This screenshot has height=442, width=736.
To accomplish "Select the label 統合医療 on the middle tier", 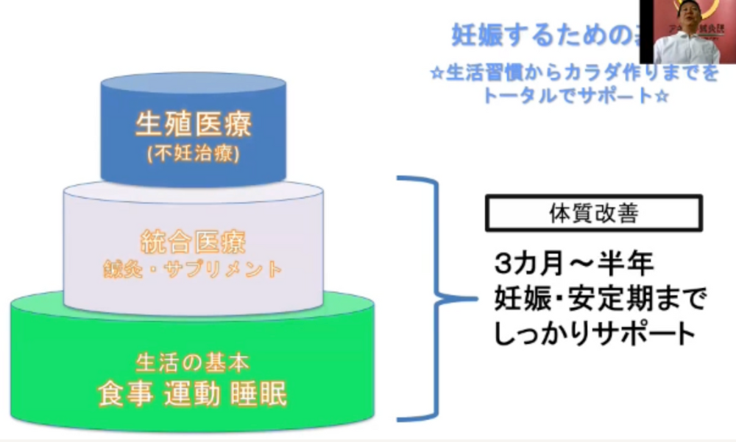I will pos(193,241).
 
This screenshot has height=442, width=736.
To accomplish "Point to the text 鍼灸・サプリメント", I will pos(193,269).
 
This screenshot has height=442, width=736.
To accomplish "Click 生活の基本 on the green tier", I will pos(193,363).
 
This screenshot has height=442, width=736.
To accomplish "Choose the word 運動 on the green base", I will pos(194,394).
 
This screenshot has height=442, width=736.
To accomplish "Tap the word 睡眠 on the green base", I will pos(261,394).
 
